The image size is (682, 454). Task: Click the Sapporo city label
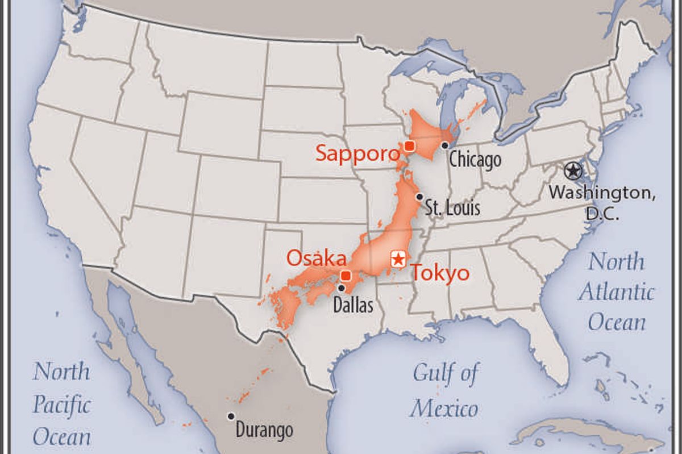pyautogui.click(x=357, y=153)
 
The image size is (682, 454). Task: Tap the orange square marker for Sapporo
pyautogui.click(x=409, y=146)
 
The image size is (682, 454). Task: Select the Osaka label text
pyautogui.click(x=316, y=258)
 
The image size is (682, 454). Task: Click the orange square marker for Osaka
pyautogui.click(x=345, y=276)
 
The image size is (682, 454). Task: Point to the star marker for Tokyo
pyautogui.click(x=398, y=259)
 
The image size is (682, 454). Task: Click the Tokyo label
pyautogui.click(x=440, y=273)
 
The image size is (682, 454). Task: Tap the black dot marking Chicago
pyautogui.click(x=444, y=145)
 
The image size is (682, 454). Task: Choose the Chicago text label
pyautogui.click(x=475, y=160)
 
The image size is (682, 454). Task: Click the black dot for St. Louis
pyautogui.click(x=419, y=197)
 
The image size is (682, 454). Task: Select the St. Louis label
pyautogui.click(x=453, y=208)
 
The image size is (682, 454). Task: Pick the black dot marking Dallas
pyautogui.click(x=341, y=288)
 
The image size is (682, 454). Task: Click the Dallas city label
pyautogui.click(x=353, y=305)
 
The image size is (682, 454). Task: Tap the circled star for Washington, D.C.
pyautogui.click(x=573, y=170)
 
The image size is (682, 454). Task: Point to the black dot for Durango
pyautogui.click(x=231, y=416)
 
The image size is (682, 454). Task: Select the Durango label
pyautogui.click(x=264, y=429)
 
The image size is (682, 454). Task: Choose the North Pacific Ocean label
pyautogui.click(x=61, y=404)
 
